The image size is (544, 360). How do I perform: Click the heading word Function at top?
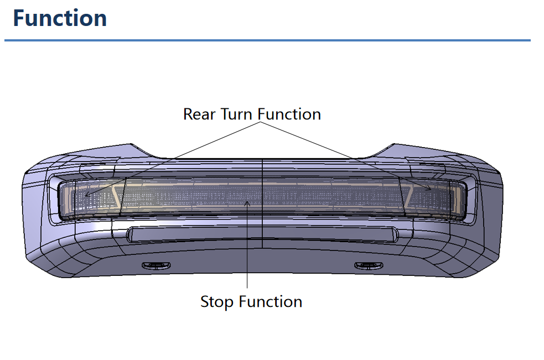60,18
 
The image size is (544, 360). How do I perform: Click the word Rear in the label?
199,114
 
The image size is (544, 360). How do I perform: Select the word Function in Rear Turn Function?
289,114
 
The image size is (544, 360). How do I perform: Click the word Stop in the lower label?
217,302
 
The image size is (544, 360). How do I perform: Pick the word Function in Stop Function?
271,301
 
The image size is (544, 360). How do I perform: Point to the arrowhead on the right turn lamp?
429,189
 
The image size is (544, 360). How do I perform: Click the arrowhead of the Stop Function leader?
247,204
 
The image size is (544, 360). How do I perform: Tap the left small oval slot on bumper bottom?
157,265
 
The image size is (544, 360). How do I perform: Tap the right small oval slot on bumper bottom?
369,265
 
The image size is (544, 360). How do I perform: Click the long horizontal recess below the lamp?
262,234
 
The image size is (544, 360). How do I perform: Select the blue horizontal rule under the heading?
267,40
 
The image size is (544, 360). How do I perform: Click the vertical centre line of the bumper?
262,204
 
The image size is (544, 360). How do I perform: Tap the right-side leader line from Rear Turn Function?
346,156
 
